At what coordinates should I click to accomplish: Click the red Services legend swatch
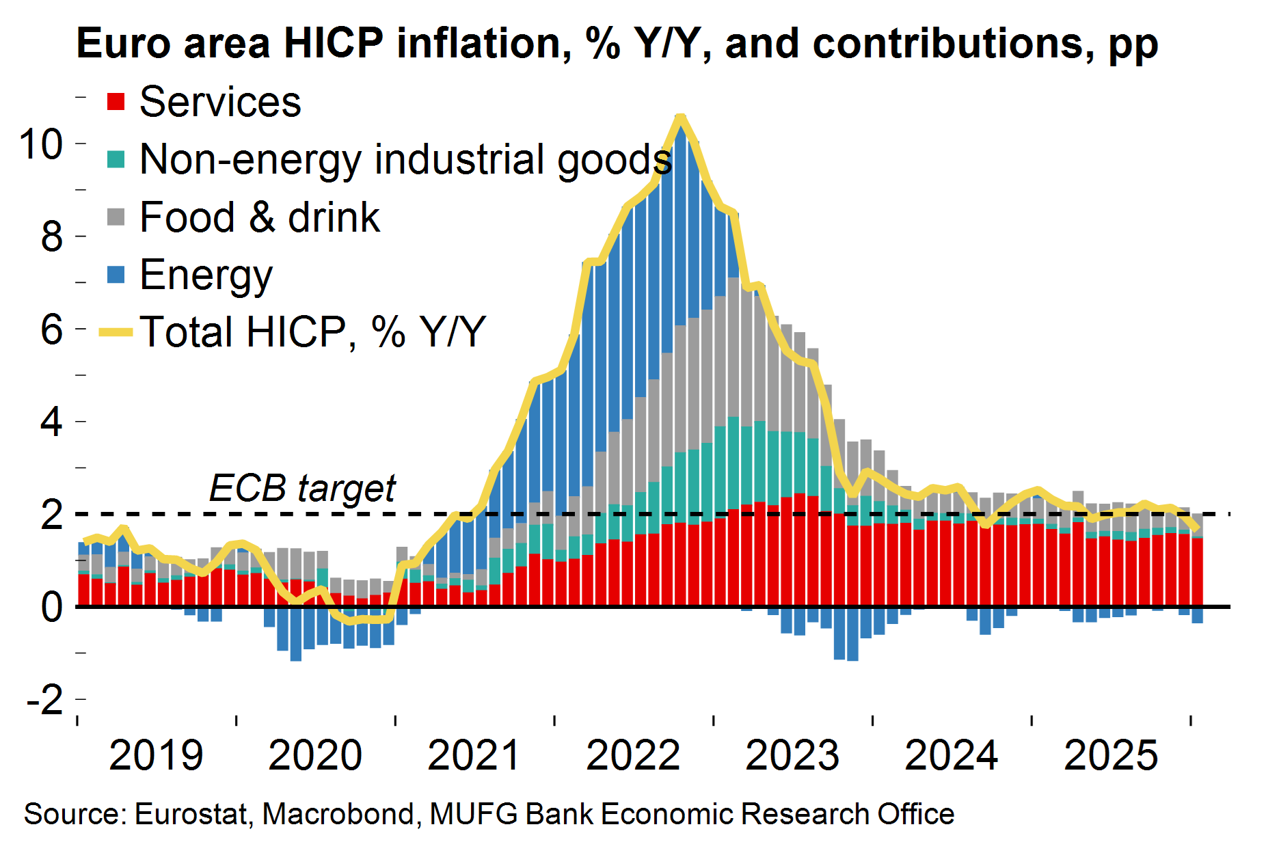tap(116, 102)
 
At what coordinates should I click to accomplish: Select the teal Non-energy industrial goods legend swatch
tap(116, 159)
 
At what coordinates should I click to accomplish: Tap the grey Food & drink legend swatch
tap(116, 217)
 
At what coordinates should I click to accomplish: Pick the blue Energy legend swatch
tap(116, 275)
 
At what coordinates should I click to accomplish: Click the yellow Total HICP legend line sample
tap(116, 333)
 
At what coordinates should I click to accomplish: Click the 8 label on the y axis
tap(52, 237)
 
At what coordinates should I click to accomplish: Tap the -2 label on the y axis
tap(44, 700)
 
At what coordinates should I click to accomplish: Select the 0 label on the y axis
tap(52, 608)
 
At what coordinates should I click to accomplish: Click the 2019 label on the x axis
tap(156, 756)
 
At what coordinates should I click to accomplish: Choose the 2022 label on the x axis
tap(633, 756)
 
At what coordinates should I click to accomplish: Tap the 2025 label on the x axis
tap(1111, 756)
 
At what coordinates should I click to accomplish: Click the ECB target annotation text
tap(302, 488)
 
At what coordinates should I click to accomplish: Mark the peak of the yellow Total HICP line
tap(680, 118)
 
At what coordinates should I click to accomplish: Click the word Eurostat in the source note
tap(191, 815)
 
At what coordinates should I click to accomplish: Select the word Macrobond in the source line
tap(339, 815)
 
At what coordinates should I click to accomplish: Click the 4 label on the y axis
tap(52, 422)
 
